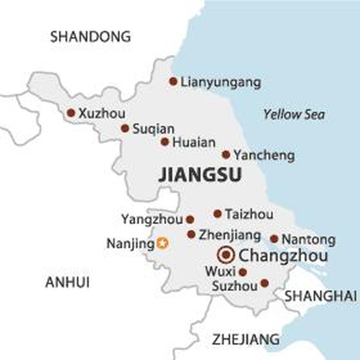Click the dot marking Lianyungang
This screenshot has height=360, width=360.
pyautogui.click(x=173, y=81)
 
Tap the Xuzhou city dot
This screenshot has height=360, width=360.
pyautogui.click(x=71, y=113)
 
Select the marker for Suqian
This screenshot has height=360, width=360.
pyautogui.click(x=125, y=128)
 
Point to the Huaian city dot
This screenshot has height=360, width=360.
pyautogui.click(x=165, y=142)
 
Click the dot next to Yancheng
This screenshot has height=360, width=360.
pyautogui.click(x=226, y=155)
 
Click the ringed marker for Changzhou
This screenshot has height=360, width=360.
pyautogui.click(x=226, y=255)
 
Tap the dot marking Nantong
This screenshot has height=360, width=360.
pyautogui.click(x=274, y=239)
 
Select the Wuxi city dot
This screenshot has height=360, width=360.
pyautogui.click(x=243, y=272)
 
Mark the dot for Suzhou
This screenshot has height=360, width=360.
pyautogui.click(x=264, y=283)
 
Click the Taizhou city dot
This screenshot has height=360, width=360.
pyautogui.click(x=218, y=213)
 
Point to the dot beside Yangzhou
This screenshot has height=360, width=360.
pyautogui.click(x=190, y=219)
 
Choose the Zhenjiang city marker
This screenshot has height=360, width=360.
pyautogui.click(x=191, y=234)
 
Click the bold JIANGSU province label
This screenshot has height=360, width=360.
pyautogui.click(x=200, y=175)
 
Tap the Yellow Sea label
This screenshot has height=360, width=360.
pyautogui.click(x=294, y=114)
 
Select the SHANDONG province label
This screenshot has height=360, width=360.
pyautogui.click(x=91, y=37)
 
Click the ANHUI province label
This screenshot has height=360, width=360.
pyautogui.click(x=67, y=282)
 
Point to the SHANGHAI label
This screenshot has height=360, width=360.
pyautogui.click(x=321, y=296)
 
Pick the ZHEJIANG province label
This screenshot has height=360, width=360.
pyautogui.click(x=245, y=339)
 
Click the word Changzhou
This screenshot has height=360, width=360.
pyautogui.click(x=283, y=255)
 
